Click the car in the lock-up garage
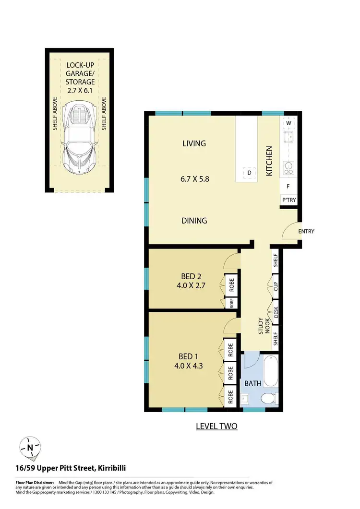[x=80, y=139]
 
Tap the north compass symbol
[x=30, y=448]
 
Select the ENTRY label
[x=306, y=231]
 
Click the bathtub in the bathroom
[x=270, y=371]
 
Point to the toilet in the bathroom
[x=270, y=398]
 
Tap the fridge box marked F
[x=288, y=186]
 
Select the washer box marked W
[x=289, y=123]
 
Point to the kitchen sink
[x=288, y=138]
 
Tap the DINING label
[x=194, y=221]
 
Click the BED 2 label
[x=191, y=276]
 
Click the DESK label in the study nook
[x=276, y=312]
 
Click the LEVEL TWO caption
[x=216, y=426]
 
